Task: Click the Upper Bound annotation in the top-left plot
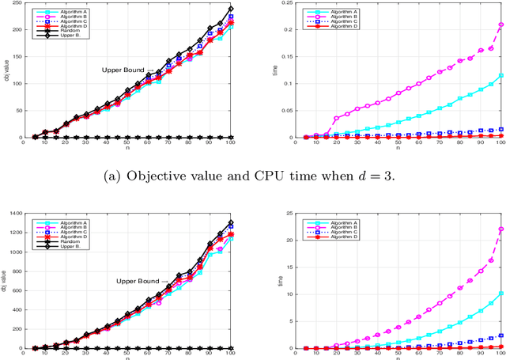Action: tap(123, 70)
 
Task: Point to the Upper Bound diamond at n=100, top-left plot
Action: tap(231, 9)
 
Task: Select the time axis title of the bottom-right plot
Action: tap(278, 281)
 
